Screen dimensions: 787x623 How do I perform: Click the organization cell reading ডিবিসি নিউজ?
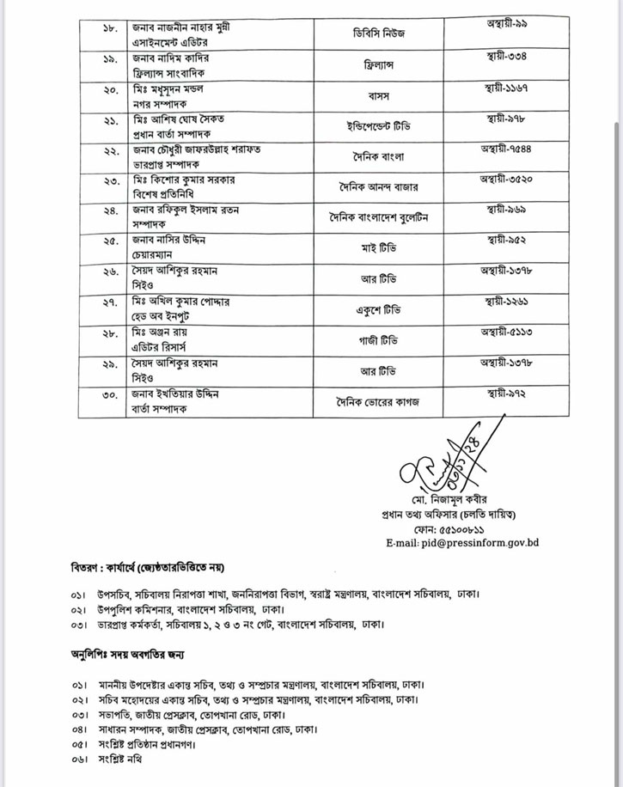coord(381,34)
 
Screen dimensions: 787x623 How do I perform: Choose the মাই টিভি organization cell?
coord(381,249)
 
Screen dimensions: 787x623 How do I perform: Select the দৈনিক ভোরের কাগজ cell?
coord(381,400)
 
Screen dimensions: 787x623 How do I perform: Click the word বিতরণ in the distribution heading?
coord(86,569)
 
